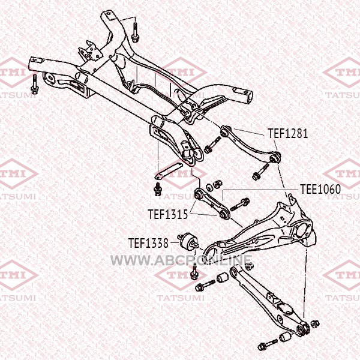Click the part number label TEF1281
pyautogui.click(x=287, y=133)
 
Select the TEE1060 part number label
pyautogui.click(x=320, y=189)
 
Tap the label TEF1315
pyautogui.click(x=168, y=214)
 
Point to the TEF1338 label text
pyautogui.click(x=148, y=243)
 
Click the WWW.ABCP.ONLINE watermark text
pyautogui.click(x=181, y=260)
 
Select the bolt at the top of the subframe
pyautogui.click(x=134, y=32)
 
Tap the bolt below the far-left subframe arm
pyautogui.click(x=34, y=85)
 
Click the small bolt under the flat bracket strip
pyautogui.click(x=158, y=189)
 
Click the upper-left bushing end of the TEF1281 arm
pyautogui.click(x=225, y=131)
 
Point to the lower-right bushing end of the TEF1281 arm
pyautogui.click(x=275, y=158)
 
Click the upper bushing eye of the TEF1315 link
pyautogui.click(x=199, y=194)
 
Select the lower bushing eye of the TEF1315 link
pyautogui.click(x=224, y=214)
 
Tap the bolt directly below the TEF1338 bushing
pyautogui.click(x=194, y=272)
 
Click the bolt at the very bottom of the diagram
pyautogui.click(x=268, y=344)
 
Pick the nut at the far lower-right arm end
pyautogui.click(x=315, y=324)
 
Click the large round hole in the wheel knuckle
pyautogui.click(x=301, y=230)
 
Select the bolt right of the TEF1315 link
pyautogui.click(x=239, y=205)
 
